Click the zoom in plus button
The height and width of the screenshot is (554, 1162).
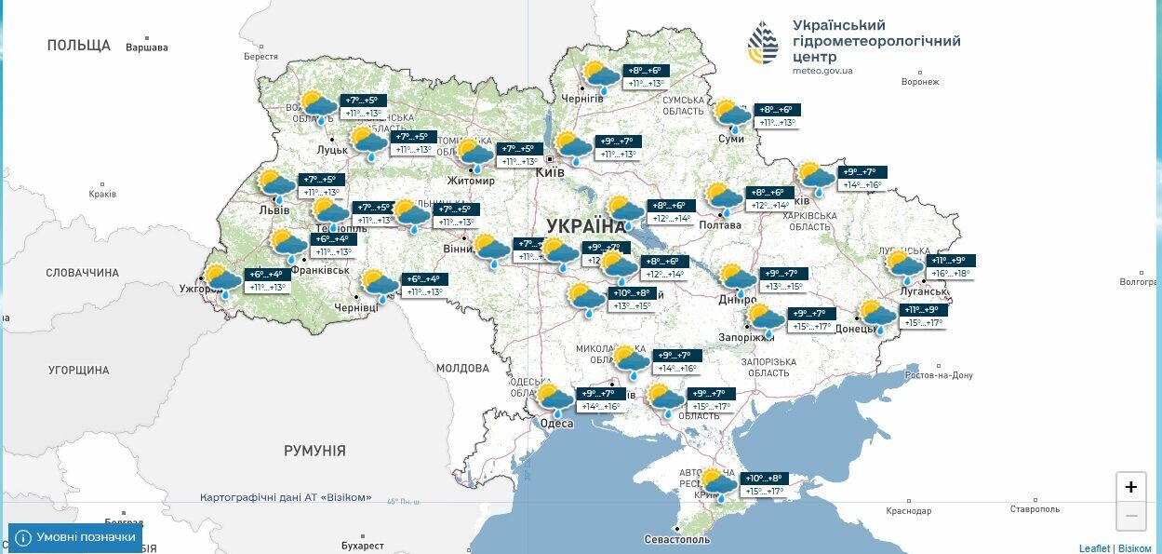[1130, 486]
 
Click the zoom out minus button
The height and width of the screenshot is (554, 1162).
[1130, 515]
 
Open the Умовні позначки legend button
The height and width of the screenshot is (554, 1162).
[75, 537]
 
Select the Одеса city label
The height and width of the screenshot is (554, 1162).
[556, 424]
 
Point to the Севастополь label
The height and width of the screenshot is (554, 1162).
[677, 539]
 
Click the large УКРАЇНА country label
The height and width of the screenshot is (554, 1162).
[586, 225]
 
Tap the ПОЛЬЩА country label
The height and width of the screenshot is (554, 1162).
[78, 45]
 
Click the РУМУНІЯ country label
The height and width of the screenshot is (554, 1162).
[314, 451]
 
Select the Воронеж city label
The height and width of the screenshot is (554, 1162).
[919, 82]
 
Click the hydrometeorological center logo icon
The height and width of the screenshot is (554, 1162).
[763, 44]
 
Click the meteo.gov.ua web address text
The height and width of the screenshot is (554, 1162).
[822, 71]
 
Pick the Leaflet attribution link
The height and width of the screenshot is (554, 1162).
[1094, 548]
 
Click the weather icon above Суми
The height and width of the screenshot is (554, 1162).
[731, 115]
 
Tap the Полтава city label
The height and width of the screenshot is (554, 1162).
[720, 224]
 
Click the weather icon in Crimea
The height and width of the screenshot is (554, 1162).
[717, 484]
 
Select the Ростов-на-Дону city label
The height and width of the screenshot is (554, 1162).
[939, 375]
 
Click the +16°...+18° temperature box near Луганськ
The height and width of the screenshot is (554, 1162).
[949, 274]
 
